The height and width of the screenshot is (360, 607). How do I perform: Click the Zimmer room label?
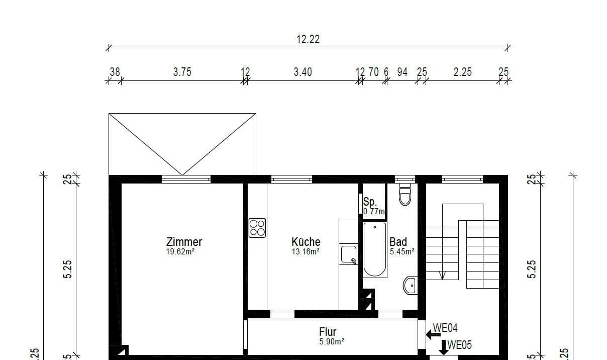coord(184,242)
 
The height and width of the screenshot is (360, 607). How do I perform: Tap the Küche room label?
coord(306,242)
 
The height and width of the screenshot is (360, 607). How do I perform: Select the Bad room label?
coord(398,242)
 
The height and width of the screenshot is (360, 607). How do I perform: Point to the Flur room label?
coord(328,332)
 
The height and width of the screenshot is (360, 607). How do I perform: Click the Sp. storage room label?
coord(370,202)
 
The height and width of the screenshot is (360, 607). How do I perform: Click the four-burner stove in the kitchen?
coord(257,228)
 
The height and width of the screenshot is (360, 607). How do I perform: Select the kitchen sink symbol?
coord(349,254)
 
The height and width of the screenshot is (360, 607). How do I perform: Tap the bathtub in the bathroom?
coord(375,250)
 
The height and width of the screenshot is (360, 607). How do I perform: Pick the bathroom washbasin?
coord(410,286)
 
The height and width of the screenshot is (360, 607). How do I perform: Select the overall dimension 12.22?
coord(308,39)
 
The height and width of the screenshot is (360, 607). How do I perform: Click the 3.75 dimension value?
coord(182,72)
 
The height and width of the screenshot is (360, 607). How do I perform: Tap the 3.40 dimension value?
coord(302,72)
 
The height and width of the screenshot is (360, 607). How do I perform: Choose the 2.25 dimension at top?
coord(462,72)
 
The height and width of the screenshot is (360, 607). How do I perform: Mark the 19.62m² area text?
coord(180,252)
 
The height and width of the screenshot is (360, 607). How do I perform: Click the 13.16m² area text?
coord(306,252)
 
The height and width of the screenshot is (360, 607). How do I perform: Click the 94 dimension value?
coord(402,72)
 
